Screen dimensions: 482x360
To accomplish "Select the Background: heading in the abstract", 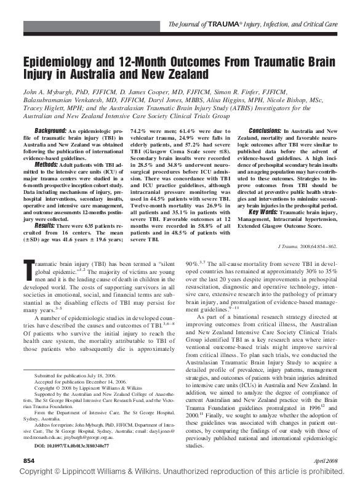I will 50,131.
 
